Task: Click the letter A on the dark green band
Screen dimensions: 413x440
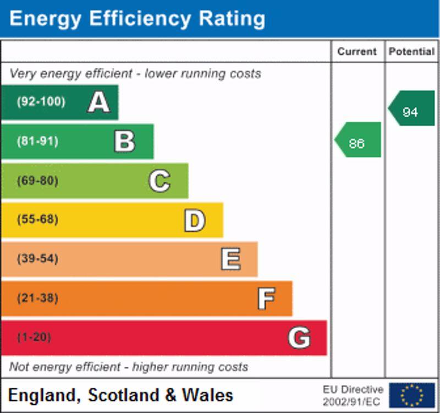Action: click(x=98, y=102)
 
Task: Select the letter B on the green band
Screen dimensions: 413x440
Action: click(x=124, y=141)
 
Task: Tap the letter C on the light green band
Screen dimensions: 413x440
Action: click(x=159, y=181)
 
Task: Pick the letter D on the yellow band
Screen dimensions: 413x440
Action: click(x=194, y=220)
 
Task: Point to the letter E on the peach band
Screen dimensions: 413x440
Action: click(x=230, y=259)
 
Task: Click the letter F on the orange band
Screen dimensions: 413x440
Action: click(x=266, y=298)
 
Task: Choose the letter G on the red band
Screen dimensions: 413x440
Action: click(x=299, y=338)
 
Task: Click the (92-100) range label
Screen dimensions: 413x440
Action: click(x=41, y=102)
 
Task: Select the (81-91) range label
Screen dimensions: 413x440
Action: click(x=37, y=141)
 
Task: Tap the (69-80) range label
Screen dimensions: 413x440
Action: click(x=37, y=181)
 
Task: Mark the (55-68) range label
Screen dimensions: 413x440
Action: click(x=37, y=220)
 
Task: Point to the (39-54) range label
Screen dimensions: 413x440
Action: click(x=37, y=259)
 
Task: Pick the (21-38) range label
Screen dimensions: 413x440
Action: click(x=37, y=298)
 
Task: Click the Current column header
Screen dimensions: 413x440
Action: click(x=357, y=52)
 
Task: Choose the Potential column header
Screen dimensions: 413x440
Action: click(x=411, y=52)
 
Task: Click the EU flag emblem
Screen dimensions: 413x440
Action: click(x=411, y=395)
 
